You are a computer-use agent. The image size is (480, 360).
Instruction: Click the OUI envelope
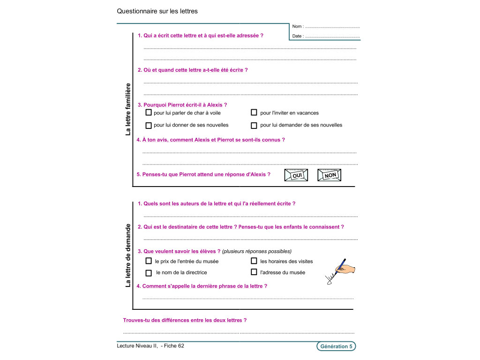pos(296,175)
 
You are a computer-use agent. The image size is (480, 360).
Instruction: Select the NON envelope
pos(330,175)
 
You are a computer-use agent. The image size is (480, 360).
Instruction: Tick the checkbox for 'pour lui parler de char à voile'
pos(149,112)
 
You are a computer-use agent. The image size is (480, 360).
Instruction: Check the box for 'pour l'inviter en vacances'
pos(254,112)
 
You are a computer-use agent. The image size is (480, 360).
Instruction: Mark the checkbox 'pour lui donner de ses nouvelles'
pos(149,125)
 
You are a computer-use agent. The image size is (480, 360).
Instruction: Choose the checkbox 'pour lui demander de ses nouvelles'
pos(254,125)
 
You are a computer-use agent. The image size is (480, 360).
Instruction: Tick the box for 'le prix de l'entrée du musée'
pos(149,261)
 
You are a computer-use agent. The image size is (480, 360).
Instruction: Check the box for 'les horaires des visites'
pos(254,261)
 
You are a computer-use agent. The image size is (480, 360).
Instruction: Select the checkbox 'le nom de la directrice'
pos(149,273)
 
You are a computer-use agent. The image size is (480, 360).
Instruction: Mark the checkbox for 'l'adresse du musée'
pos(254,272)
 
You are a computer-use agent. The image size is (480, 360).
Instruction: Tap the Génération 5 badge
pos(336,346)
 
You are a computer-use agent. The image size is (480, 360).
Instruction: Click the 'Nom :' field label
pos(298,27)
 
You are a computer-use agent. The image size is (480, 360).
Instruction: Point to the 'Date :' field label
pos(297,36)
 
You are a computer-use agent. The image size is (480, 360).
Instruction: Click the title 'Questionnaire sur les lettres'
pos(157,11)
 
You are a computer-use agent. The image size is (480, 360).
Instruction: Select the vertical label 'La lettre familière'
pos(128,109)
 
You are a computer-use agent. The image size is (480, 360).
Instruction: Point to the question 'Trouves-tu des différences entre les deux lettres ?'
pos(185,320)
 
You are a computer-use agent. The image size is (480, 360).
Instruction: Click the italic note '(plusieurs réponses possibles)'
pos(257,251)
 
